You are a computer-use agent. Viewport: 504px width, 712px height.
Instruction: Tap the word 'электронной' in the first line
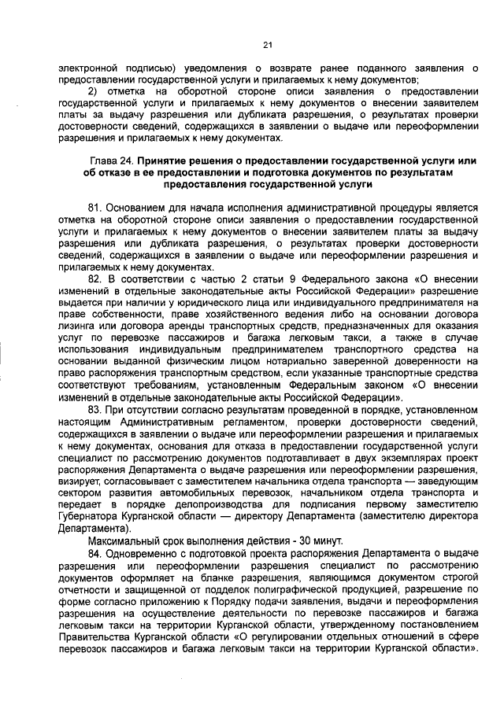coord(88,67)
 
